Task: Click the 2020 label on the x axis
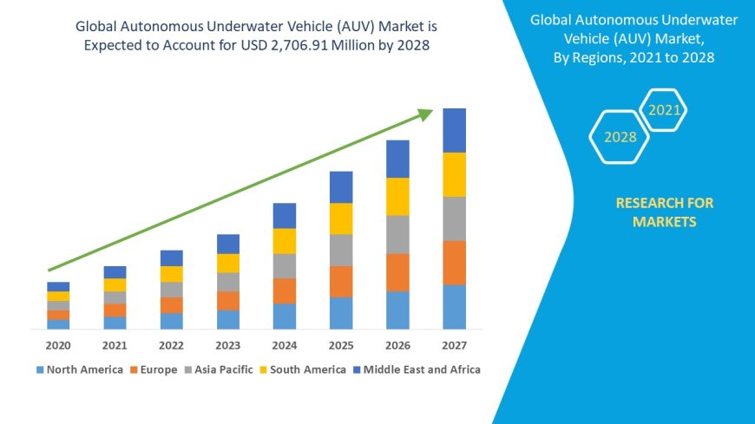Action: click(58, 345)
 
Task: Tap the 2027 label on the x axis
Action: click(454, 345)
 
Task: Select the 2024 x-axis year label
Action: click(285, 345)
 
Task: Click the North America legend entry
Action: click(79, 369)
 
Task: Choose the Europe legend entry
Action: click(154, 369)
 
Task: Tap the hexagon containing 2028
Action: click(620, 137)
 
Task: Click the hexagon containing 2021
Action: click(665, 110)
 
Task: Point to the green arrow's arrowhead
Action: click(424, 114)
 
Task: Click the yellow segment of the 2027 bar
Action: click(454, 174)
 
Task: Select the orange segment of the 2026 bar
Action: click(397, 272)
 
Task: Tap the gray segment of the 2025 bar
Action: click(341, 250)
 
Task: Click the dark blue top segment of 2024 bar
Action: click(285, 216)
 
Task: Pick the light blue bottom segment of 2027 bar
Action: click(454, 307)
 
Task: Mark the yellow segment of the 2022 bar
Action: click(172, 274)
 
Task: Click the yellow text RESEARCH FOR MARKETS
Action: click(665, 212)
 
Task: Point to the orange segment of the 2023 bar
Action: click(228, 301)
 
